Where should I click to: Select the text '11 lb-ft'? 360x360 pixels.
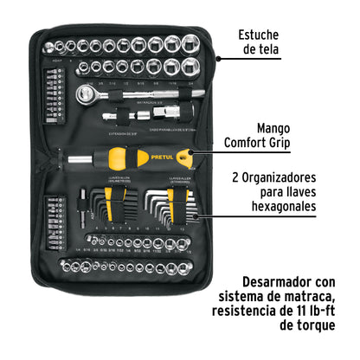click(310, 311)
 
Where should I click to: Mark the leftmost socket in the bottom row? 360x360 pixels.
click(61, 264)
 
